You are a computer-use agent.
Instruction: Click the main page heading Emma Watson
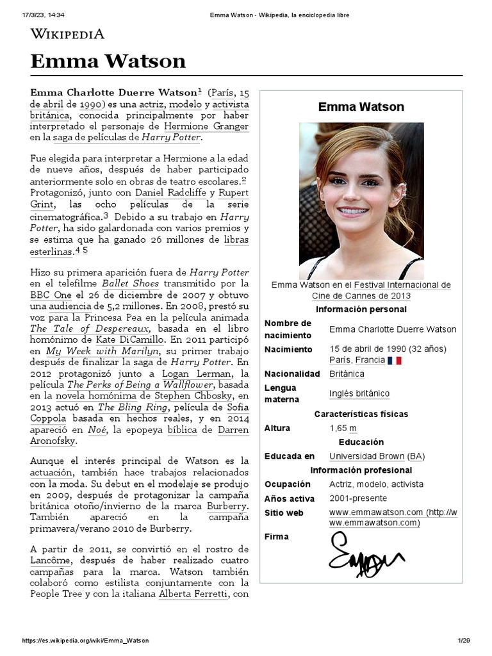click(108, 61)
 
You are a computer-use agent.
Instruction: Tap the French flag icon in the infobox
click(395, 361)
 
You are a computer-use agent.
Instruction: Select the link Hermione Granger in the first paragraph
click(206, 127)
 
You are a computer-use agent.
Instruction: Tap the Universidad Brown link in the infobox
click(366, 456)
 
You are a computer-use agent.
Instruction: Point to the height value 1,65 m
click(343, 428)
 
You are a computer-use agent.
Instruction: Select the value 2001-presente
click(358, 498)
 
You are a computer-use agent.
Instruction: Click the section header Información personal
click(361, 309)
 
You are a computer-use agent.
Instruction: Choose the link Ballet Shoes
click(126, 283)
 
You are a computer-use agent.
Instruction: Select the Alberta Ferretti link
click(193, 594)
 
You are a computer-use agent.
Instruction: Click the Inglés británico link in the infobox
click(359, 393)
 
